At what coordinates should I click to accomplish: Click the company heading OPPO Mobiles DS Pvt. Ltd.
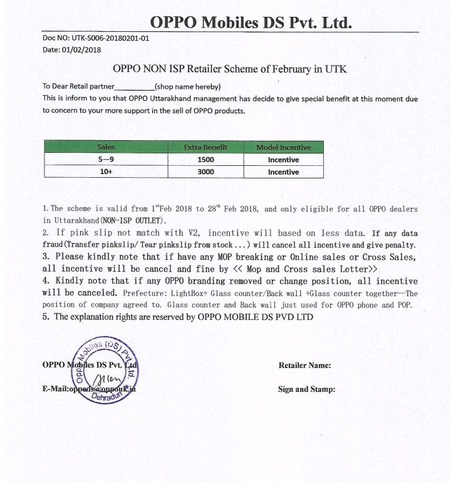click(x=251, y=23)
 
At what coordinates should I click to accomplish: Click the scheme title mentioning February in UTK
click(x=229, y=68)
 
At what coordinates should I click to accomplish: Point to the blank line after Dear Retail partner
click(x=135, y=87)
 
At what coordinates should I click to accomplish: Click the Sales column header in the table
click(x=106, y=147)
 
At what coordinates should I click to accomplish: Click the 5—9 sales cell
click(x=106, y=160)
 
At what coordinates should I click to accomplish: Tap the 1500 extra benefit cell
click(x=205, y=160)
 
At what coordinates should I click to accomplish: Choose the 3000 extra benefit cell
click(x=205, y=172)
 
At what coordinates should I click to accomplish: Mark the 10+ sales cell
click(x=106, y=172)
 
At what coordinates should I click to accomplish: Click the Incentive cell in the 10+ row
click(x=283, y=172)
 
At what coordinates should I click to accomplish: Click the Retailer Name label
click(x=304, y=366)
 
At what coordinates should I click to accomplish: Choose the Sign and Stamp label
click(x=306, y=389)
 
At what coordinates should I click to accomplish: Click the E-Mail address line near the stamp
click(x=89, y=389)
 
